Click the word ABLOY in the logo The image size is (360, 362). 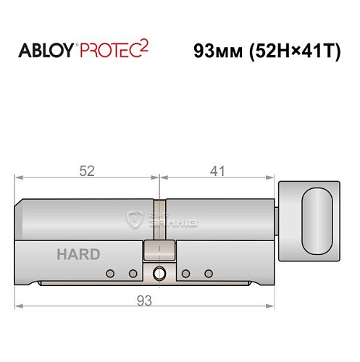coord(45,53)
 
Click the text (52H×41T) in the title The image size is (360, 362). coord(296,52)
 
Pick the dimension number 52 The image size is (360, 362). coord(88,171)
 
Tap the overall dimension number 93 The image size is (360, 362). coord(148,300)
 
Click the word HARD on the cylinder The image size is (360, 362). coord(78,255)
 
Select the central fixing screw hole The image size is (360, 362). coord(159,273)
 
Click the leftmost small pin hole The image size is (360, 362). coord(110,273)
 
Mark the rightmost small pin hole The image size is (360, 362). coord(209,273)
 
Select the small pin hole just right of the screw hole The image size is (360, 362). coord(186,273)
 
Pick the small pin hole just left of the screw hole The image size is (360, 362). coord(133,273)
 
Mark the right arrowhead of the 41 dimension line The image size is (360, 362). coord(272,177)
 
